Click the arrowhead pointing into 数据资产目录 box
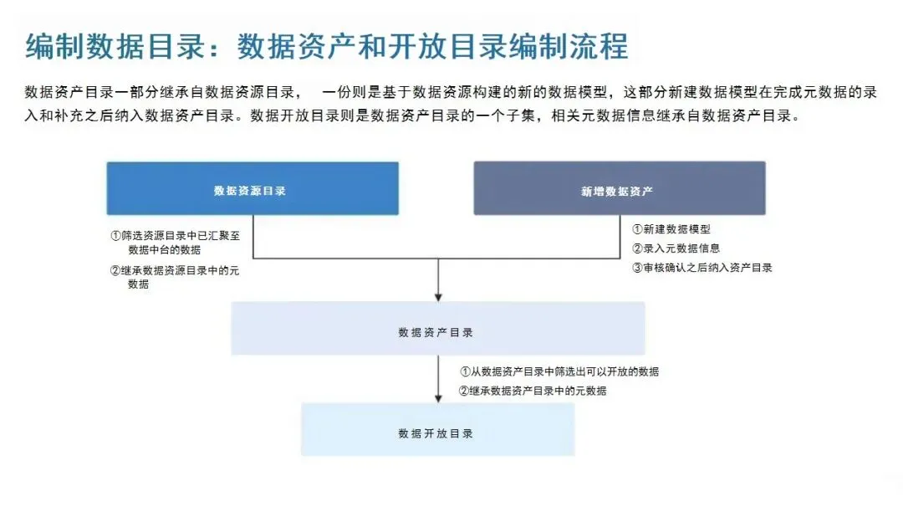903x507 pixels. click(438, 296)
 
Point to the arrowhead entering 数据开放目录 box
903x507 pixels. click(438, 397)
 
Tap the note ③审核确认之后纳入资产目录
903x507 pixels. click(701, 268)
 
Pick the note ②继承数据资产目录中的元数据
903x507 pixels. click(532, 391)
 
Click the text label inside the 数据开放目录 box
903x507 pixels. click(436, 433)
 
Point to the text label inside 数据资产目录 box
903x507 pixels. click(436, 332)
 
